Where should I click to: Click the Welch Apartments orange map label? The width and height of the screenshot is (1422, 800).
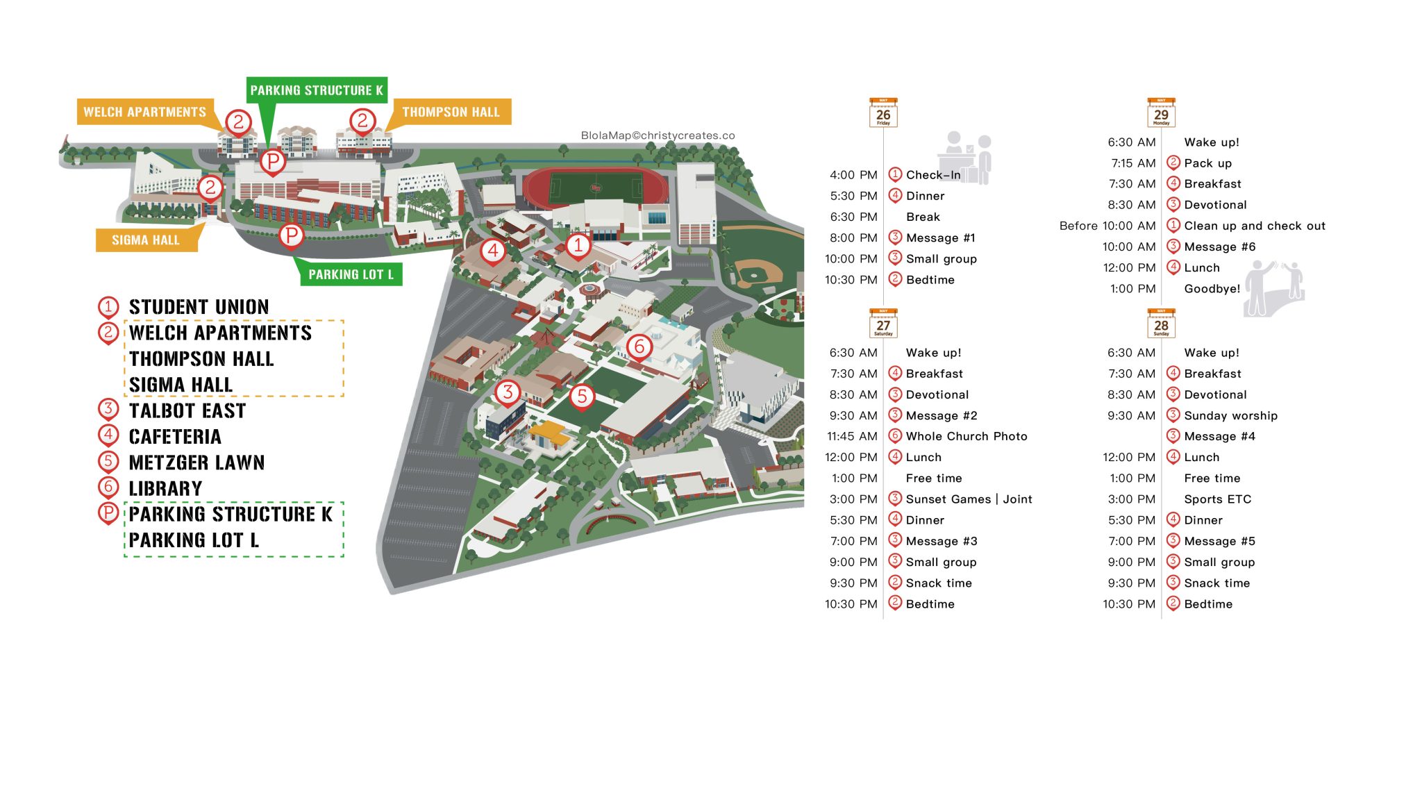144,112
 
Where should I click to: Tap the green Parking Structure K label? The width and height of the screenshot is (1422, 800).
317,90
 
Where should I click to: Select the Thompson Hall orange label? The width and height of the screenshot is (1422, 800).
451,112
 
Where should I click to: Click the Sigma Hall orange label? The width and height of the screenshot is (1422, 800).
146,240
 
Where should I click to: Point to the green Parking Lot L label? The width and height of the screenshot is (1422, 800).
351,274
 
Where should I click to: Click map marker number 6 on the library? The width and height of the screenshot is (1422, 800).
639,346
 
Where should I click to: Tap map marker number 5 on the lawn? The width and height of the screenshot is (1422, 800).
582,396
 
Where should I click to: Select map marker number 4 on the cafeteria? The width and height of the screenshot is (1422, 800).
492,250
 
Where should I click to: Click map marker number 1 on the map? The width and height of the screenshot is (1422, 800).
578,244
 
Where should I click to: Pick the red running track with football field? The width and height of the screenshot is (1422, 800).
595,187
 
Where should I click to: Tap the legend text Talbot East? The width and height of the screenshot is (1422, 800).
187,410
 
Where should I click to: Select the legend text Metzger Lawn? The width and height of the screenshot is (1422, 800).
196,462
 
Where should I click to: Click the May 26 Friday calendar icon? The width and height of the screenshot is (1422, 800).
883,112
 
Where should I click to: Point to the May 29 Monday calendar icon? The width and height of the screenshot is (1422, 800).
1161,112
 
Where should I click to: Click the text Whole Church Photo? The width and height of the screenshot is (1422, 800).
966,436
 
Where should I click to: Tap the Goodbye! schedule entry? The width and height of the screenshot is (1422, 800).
1212,289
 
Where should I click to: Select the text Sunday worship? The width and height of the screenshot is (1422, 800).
1230,415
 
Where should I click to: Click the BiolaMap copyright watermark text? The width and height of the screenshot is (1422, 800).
658,135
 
